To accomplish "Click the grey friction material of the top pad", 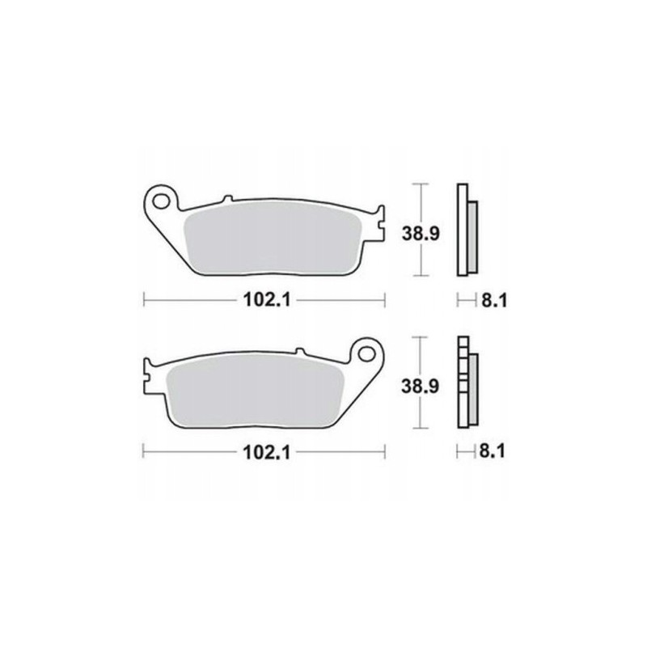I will (271, 238).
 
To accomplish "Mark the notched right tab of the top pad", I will (378, 225).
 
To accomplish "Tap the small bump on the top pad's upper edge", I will (227, 200).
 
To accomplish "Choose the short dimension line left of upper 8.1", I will (466, 301).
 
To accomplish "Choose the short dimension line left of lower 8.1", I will (466, 453).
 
